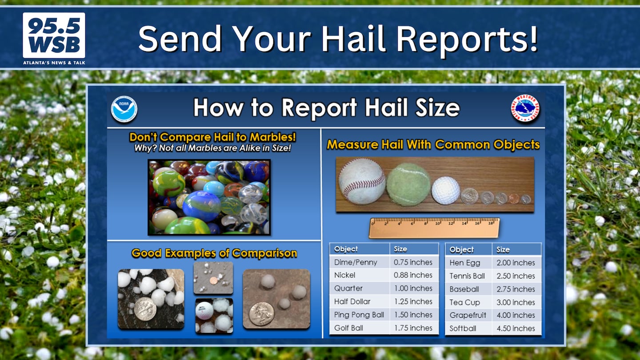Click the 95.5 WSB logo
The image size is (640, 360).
(54, 39)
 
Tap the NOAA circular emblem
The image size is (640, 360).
(124, 109)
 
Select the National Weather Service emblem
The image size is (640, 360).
(525, 108)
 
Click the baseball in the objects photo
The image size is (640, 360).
(362, 181)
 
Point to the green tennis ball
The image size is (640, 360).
(408, 184)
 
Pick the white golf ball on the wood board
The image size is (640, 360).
(445, 190)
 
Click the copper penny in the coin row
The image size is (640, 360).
(514, 199)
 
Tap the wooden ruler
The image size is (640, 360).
(434, 228)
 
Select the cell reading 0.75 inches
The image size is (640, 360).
(413, 262)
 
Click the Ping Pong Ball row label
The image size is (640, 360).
(359, 315)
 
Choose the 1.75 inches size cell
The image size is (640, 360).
(413, 328)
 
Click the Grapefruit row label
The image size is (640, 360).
(468, 315)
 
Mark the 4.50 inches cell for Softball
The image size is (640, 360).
(516, 328)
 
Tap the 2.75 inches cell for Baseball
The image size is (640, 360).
(516, 289)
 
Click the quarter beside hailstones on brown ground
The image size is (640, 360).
(261, 314)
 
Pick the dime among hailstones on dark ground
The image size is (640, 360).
(145, 309)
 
